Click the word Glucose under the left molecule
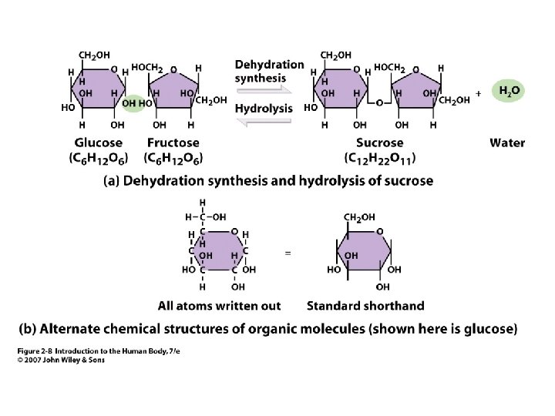tap(98, 143)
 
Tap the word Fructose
tap(173, 143)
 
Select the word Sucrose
tap(379, 143)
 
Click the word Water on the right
tap(507, 143)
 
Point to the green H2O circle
tap(509, 91)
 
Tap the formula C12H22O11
tap(379, 159)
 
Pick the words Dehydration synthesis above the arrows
tap(269, 71)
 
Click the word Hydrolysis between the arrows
tap(264, 109)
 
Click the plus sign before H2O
tap(479, 92)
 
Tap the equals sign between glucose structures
tap(288, 252)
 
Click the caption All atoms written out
tap(219, 306)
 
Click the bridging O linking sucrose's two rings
tap(378, 102)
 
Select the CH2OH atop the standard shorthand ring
tap(358, 218)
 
